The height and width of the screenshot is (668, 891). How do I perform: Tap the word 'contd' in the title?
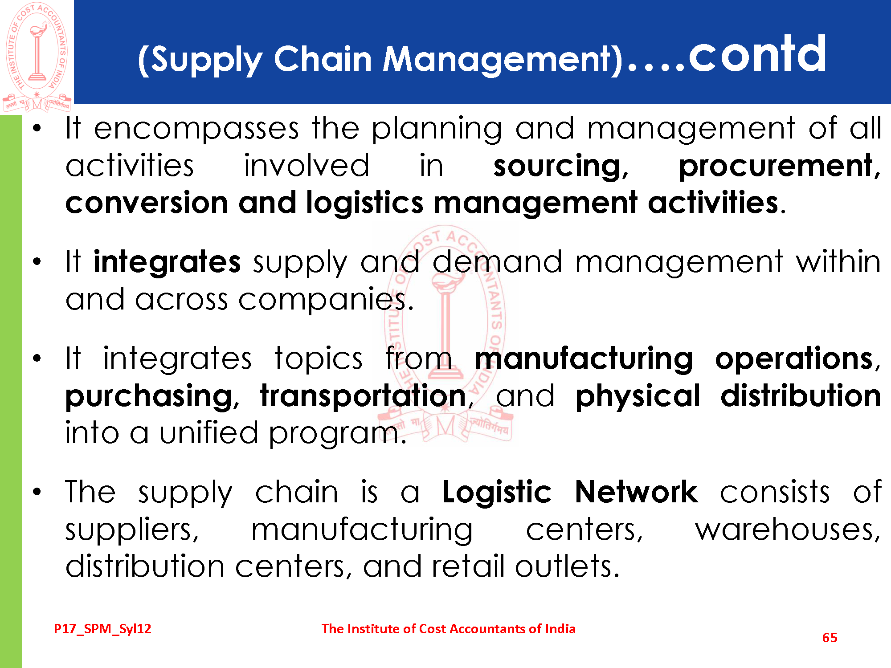pyautogui.click(x=757, y=54)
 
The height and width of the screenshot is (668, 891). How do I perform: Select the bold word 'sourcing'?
pyautogui.click(x=560, y=167)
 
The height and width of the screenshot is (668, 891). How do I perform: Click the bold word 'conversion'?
pyautogui.click(x=147, y=203)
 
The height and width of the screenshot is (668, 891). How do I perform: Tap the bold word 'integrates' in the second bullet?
pyautogui.click(x=167, y=263)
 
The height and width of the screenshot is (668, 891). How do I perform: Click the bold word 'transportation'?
pyautogui.click(x=363, y=396)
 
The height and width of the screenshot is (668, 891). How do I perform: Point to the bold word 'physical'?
pyautogui.click(x=638, y=397)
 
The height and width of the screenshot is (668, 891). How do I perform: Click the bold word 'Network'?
pyautogui.click(x=637, y=492)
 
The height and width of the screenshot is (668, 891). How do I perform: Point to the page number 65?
pyautogui.click(x=830, y=638)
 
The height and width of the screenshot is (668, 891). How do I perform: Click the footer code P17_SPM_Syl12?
pyautogui.click(x=102, y=629)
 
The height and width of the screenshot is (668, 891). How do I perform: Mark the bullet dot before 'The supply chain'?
pyautogui.click(x=37, y=492)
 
